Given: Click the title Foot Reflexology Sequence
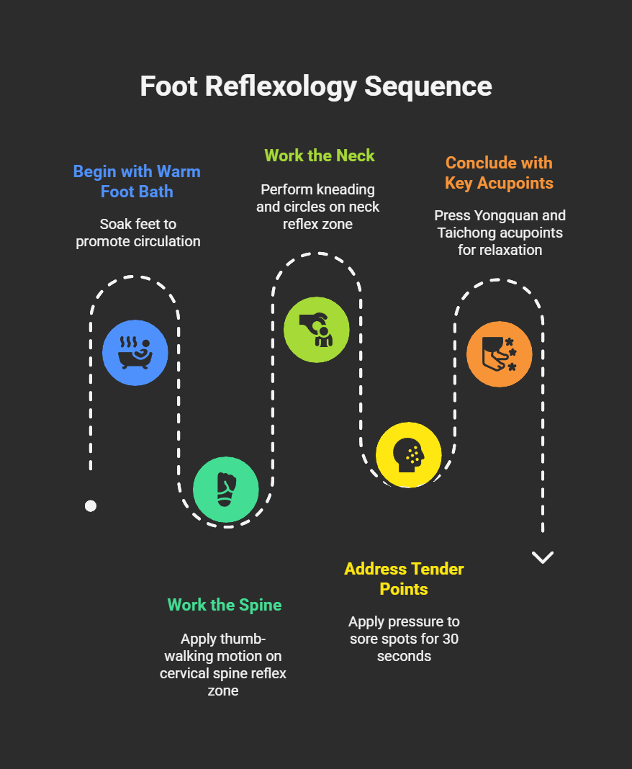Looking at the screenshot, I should pos(316,86).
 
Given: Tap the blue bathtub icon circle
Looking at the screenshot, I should pos(135,352).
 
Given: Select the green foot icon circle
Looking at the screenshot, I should pos(226,490).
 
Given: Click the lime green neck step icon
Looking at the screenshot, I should pos(317,330).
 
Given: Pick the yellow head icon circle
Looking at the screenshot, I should pos(408,455).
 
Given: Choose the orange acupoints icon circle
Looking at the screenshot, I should pos(500,354).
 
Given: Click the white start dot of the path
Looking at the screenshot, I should pos(91,505).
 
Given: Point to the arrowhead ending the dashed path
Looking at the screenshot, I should pos(542,557).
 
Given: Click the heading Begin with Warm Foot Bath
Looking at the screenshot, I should pos(137,181).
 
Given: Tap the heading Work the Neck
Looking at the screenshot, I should pos(320,156).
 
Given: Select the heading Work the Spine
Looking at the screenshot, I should pos(225,605).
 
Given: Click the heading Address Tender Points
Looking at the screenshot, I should pos(404,579).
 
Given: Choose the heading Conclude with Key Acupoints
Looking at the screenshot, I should pos(499,173).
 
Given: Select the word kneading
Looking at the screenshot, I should pos(346,190).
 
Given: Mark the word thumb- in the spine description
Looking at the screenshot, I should pos(250,639).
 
